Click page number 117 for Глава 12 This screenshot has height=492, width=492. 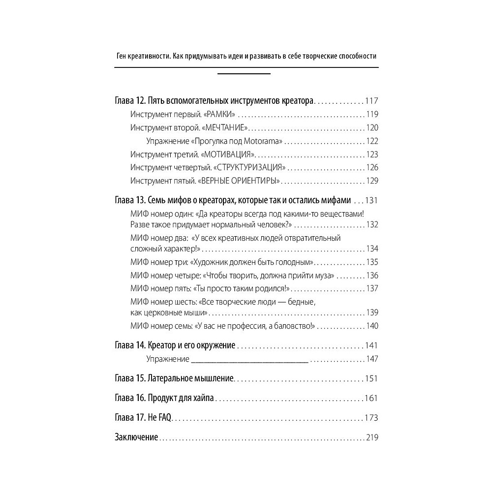pyautogui.click(x=371, y=101)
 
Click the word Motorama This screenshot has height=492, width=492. pyautogui.click(x=264, y=141)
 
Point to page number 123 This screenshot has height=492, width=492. pyautogui.click(x=372, y=154)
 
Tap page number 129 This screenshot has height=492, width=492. pyautogui.click(x=372, y=181)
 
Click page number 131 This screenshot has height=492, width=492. pyautogui.click(x=371, y=201)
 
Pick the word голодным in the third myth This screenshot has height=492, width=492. pyautogui.click(x=294, y=262)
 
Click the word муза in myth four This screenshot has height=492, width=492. pyautogui.click(x=324, y=275)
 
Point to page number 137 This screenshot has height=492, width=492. pyautogui.click(x=372, y=288)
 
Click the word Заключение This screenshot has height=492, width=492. pyautogui.click(x=136, y=437)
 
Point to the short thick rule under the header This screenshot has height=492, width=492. pyautogui.click(x=244, y=74)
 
